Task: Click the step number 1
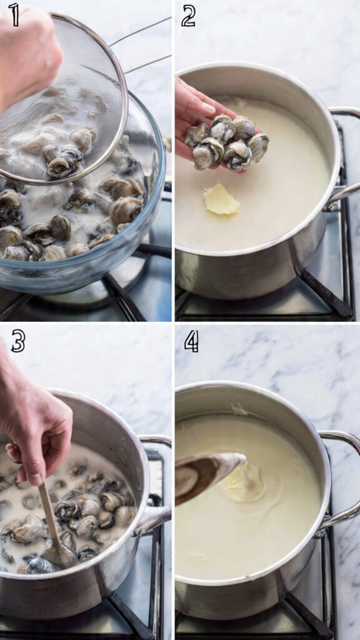tap(13, 15)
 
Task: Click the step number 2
tap(188, 16)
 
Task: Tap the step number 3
tap(17, 341)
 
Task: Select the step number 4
tap(191, 341)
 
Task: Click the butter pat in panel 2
tap(220, 201)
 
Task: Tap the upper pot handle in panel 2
tap(344, 112)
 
